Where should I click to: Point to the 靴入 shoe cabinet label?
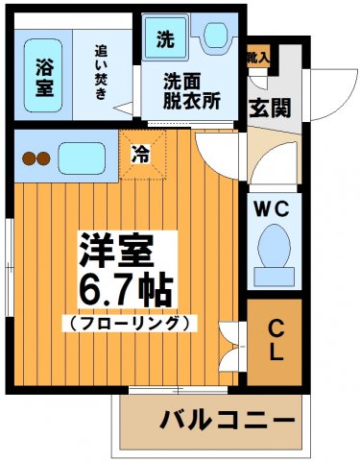click(258, 59)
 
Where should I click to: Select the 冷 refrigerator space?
click(141, 150)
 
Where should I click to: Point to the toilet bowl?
click(275, 248)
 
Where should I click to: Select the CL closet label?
click(276, 338)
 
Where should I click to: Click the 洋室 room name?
click(114, 255)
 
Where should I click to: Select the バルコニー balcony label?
click(227, 421)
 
